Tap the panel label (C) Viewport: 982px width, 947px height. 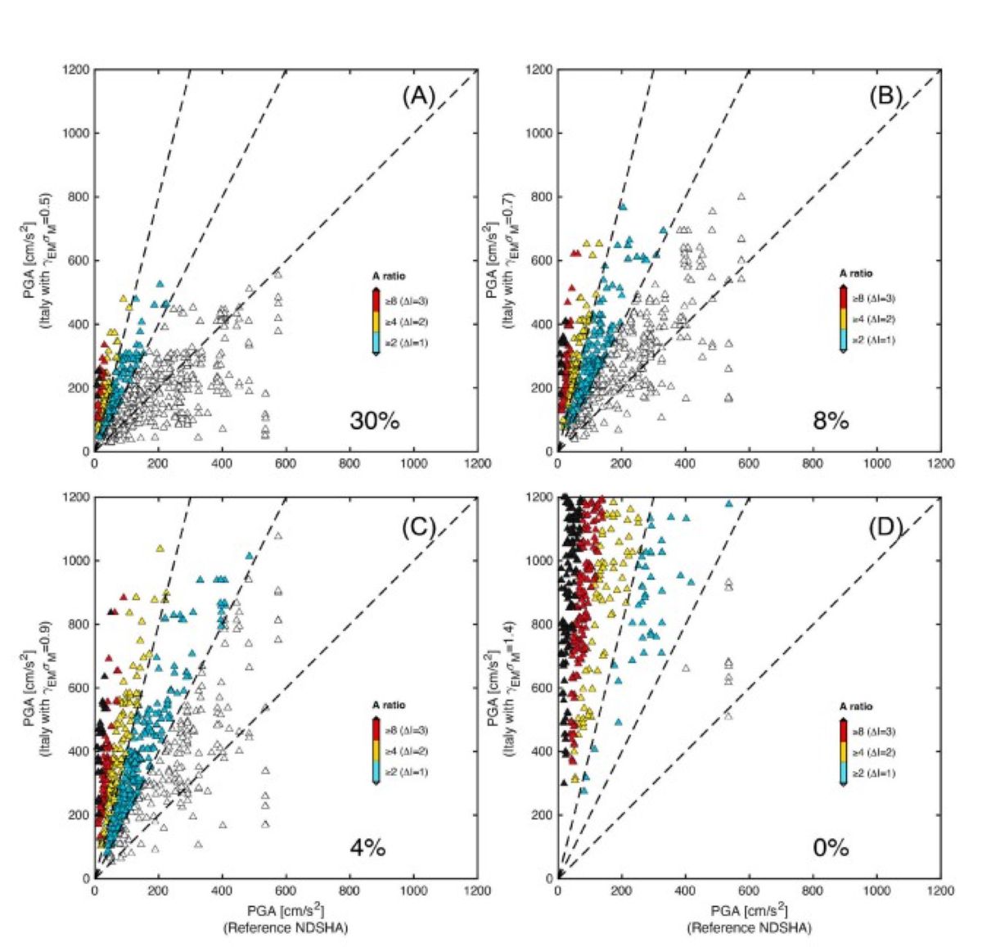tap(418, 528)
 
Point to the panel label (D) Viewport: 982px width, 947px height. tap(885, 528)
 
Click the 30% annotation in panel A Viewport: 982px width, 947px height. tap(374, 422)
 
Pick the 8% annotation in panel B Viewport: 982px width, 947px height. tap(831, 422)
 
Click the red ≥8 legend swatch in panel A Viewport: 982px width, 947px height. tap(376, 300)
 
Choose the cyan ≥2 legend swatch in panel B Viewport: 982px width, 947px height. tap(843, 339)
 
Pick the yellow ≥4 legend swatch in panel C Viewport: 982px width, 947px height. tap(376, 751)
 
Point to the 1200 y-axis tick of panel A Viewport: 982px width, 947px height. tap(75, 70)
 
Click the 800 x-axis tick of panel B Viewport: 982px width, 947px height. tap(813, 464)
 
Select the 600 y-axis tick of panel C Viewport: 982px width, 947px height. tap(79, 688)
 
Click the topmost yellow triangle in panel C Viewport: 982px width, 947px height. tap(160, 548)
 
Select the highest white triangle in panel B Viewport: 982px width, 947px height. tap(741, 196)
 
